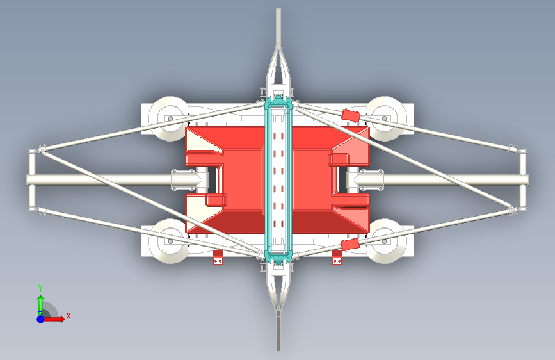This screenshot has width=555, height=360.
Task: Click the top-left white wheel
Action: pyautogui.click(x=168, y=118)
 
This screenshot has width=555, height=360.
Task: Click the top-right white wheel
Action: pyautogui.click(x=386, y=118)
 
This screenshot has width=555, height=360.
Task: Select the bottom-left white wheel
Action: pyautogui.click(x=168, y=242)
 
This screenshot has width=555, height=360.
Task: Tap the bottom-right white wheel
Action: pyautogui.click(x=386, y=242)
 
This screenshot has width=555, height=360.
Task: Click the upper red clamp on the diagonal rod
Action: pyautogui.click(x=351, y=115)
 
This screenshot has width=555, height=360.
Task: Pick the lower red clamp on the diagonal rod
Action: pyautogui.click(x=350, y=245)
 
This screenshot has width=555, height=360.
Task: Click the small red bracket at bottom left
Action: pyautogui.click(x=218, y=258)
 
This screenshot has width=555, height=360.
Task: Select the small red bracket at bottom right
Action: pyautogui.click(x=337, y=258)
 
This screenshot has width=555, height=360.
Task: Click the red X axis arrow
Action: pyautogui.click(x=58, y=318)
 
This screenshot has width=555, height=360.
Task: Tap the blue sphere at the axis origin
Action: pyautogui.click(x=40, y=318)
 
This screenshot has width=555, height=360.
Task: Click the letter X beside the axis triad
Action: pyautogui.click(x=68, y=315)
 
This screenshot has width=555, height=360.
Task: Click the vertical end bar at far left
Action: pyautogui.click(x=31, y=180)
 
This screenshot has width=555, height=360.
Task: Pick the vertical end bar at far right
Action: pyautogui.click(x=523, y=180)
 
